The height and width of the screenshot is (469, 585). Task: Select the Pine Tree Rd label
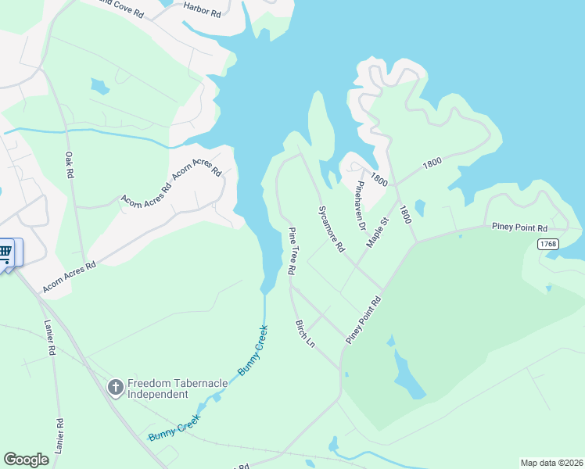[292, 251]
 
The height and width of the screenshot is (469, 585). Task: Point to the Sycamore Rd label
[331, 228]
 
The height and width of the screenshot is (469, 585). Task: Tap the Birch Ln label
[304, 333]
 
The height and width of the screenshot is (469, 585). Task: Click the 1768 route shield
[548, 245]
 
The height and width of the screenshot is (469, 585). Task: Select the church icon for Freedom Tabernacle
[115, 387]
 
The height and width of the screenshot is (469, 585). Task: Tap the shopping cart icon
[5, 252]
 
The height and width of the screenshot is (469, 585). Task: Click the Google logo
[26, 460]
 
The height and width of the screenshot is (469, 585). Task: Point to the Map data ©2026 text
[551, 463]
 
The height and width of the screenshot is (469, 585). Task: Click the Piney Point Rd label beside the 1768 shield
[519, 227]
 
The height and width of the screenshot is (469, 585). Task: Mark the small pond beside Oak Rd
[99, 85]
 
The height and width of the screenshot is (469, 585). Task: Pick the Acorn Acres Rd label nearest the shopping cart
[69, 277]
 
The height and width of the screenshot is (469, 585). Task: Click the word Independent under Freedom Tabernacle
[157, 395]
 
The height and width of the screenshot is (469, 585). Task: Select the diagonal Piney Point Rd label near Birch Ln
[364, 318]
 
